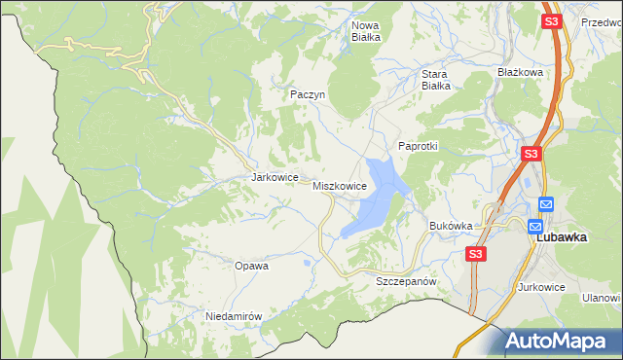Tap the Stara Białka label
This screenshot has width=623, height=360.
point(434,79)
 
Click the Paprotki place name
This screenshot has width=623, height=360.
point(419,146)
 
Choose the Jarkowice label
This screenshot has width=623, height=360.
point(274,178)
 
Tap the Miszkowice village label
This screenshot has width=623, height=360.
point(340,185)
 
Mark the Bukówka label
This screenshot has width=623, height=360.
point(451,226)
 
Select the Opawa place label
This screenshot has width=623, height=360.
point(251,265)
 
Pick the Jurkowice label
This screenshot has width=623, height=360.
point(543,287)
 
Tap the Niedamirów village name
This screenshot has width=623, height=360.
point(235,316)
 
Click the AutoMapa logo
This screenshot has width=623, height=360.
point(557,341)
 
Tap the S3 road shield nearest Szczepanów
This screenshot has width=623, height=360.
point(474,254)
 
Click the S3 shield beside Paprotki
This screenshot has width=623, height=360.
point(531,154)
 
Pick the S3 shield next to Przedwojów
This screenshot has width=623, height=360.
point(551,21)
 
